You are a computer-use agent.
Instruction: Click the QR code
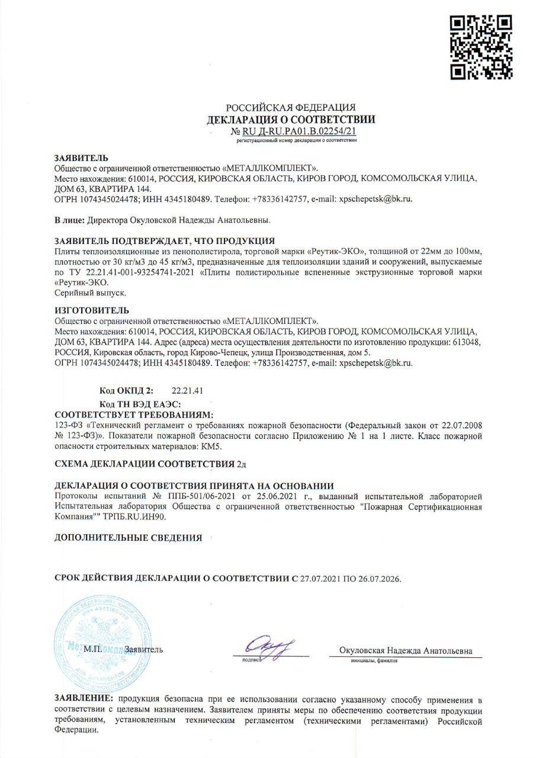[x=480, y=48]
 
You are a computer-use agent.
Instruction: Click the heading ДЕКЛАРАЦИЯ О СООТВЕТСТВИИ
[x=291, y=120]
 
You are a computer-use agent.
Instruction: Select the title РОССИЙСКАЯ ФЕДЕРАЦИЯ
[x=291, y=108]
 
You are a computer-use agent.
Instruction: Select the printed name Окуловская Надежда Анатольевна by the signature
[x=406, y=650]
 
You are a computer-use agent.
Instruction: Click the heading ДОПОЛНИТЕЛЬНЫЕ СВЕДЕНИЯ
[x=128, y=538]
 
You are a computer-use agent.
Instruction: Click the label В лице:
[x=69, y=220]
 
